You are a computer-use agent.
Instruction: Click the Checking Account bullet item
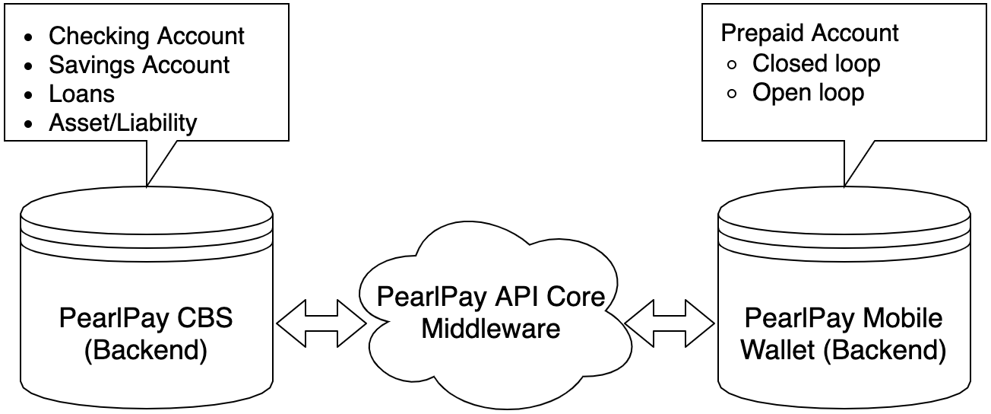[x=147, y=36]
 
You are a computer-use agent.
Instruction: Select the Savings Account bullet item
[x=139, y=65]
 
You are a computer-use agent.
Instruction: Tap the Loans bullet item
[x=81, y=94]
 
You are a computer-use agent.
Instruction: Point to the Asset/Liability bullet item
[x=122, y=123]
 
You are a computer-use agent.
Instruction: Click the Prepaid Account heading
[x=809, y=33]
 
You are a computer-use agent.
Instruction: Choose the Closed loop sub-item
[x=816, y=63]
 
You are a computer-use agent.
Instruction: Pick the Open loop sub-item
[x=808, y=92]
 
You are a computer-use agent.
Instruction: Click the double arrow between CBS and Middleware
[x=321, y=323]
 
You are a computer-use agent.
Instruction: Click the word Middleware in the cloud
[x=491, y=329]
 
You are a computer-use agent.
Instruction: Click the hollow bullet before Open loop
[x=732, y=94]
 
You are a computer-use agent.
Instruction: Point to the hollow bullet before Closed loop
[x=732, y=65]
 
